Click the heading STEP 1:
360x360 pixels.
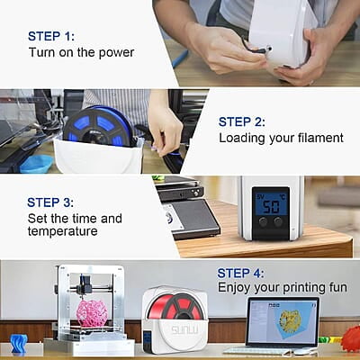(x=51, y=36)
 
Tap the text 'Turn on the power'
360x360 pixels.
(x=81, y=52)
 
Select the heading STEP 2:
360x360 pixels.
(x=242, y=122)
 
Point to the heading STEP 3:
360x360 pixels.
(x=50, y=202)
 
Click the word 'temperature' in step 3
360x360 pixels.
(x=63, y=231)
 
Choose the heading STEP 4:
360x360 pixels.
(x=240, y=274)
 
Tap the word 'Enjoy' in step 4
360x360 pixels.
(x=234, y=288)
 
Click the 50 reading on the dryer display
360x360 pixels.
(x=271, y=207)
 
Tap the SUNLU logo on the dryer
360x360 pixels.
(x=184, y=330)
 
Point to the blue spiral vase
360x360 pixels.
(x=19, y=343)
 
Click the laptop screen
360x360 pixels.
(x=283, y=321)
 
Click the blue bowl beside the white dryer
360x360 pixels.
(x=37, y=164)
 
